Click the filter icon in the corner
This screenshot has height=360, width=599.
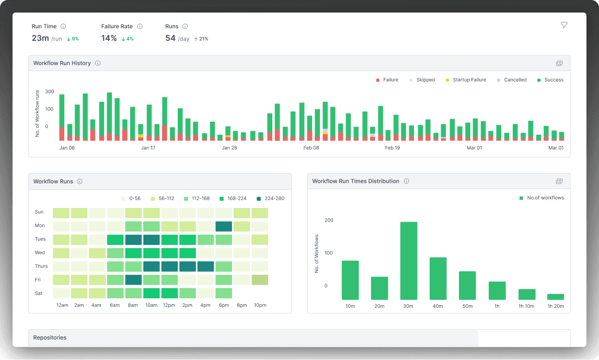pyautogui.click(x=563, y=25)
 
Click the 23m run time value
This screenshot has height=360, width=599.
pyautogui.click(x=40, y=38)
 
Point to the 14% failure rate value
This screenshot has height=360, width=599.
pyautogui.click(x=109, y=38)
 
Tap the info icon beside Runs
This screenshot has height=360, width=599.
pyautogui.click(x=185, y=26)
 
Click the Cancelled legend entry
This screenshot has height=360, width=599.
pyautogui.click(x=512, y=80)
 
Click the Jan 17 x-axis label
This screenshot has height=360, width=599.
pyautogui.click(x=148, y=148)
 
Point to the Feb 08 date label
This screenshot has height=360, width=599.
pyautogui.click(x=311, y=148)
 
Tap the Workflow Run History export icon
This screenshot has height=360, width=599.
pyautogui.click(x=559, y=63)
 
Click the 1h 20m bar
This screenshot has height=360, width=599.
pyautogui.click(x=556, y=296)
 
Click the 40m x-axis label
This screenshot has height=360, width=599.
pyautogui.click(x=438, y=306)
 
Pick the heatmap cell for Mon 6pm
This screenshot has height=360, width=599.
pyautogui.click(x=224, y=226)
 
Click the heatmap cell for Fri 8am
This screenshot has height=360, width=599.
pyautogui.click(x=133, y=280)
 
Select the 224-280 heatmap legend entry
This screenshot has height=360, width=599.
pyautogui.click(x=271, y=199)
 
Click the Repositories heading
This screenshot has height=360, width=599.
pyautogui.click(x=50, y=338)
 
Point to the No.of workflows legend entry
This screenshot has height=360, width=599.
pyautogui.click(x=542, y=198)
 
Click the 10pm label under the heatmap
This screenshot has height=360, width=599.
pyautogui.click(x=260, y=305)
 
